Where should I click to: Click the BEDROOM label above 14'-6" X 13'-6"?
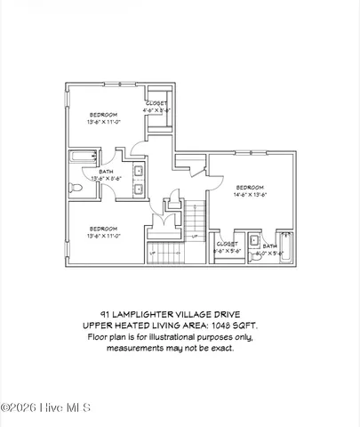(x=250, y=187)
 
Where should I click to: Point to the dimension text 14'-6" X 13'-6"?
(x=250, y=194)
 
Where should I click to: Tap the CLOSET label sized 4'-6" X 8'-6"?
(x=157, y=104)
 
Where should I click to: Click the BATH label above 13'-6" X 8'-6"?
(x=105, y=172)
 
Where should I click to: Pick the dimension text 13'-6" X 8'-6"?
(x=104, y=179)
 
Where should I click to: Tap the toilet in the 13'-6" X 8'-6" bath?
(x=76, y=187)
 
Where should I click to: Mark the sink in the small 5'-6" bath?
(x=254, y=240)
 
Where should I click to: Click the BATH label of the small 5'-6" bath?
(x=268, y=246)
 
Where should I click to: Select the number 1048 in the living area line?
(x=228, y=326)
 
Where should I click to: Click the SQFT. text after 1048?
(x=256, y=326)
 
